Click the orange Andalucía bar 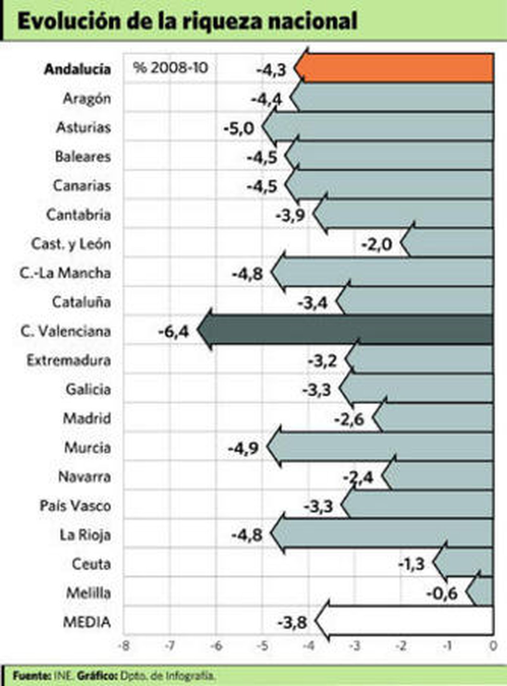[396, 68]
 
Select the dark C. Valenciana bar [349, 330]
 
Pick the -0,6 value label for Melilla [442, 594]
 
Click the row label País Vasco [75, 506]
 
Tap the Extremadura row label [69, 360]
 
